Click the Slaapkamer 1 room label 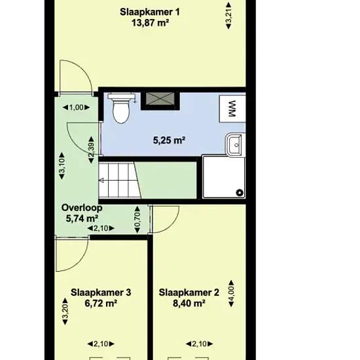pyautogui.click(x=150, y=12)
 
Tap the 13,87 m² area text pyautogui.click(x=151, y=23)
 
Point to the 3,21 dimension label pyautogui.click(x=228, y=16)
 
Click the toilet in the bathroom pyautogui.click(x=121, y=108)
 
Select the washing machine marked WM pyautogui.click(x=232, y=109)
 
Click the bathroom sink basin pyautogui.click(x=235, y=145)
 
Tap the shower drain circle pyautogui.click(x=240, y=192)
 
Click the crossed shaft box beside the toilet pyautogui.click(x=160, y=99)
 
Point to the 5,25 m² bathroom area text pyautogui.click(x=170, y=140)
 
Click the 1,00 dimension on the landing pyautogui.click(x=76, y=107)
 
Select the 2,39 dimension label pyautogui.click(x=91, y=150)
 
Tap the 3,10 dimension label pyautogui.click(x=62, y=166)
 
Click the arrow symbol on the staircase pyautogui.click(x=101, y=181)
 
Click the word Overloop pyautogui.click(x=82, y=207)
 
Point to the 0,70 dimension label pyautogui.click(x=137, y=219)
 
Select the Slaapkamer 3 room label pyautogui.click(x=101, y=293)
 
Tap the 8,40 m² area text pyautogui.click(x=189, y=304)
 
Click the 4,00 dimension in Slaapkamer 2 pyautogui.click(x=231, y=293)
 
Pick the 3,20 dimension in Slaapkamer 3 pyautogui.click(x=65, y=312)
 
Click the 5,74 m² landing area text pyautogui.click(x=82, y=219)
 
